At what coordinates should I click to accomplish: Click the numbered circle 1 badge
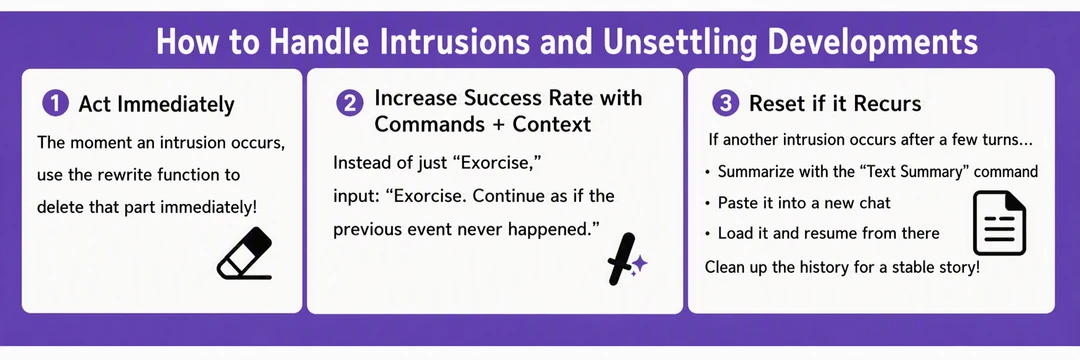[x=55, y=104]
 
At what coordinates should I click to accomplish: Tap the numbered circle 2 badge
[x=349, y=104]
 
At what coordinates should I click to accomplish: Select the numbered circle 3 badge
[x=724, y=104]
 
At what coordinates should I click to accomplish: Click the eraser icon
[x=245, y=253]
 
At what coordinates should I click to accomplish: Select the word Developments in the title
[x=875, y=44]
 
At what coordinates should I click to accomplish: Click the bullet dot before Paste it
[x=708, y=204]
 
